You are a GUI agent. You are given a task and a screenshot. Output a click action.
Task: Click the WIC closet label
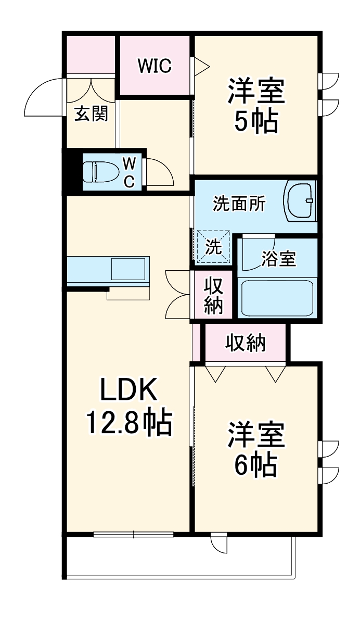[155, 66]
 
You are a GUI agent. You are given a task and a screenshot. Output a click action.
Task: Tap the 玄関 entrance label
[91, 114]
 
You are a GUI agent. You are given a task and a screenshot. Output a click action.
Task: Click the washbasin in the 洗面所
[301, 200]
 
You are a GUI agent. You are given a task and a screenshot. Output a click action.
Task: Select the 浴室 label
[278, 258]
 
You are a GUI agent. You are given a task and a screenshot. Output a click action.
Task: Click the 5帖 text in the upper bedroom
[255, 121]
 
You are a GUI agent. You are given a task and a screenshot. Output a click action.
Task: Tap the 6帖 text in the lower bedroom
[255, 465]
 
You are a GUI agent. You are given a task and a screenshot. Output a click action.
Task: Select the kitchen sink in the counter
[128, 270]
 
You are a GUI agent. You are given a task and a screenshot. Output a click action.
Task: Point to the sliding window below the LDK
[134, 534]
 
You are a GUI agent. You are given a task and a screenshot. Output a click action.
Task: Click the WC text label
[129, 172]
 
